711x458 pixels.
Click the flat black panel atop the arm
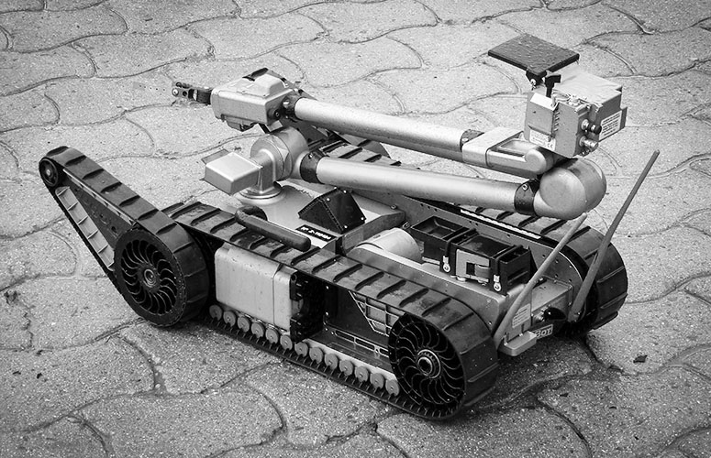pyautogui.click(x=533, y=55)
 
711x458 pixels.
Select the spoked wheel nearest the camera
pyautogui.click(x=427, y=362)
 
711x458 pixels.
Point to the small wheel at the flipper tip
pyautogui.click(x=50, y=172)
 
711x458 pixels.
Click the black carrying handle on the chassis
pyautogui.click(x=272, y=228)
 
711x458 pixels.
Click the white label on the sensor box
pyautogui.click(x=609, y=124)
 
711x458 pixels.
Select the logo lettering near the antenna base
pyautogui.click(x=544, y=333)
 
